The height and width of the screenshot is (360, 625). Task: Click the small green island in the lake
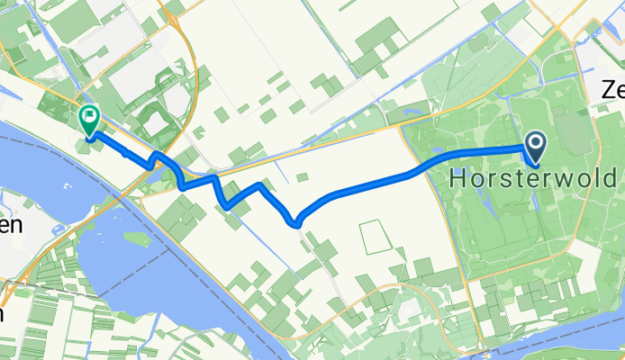pos(137,239)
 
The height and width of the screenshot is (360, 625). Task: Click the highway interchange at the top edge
pos(169,13)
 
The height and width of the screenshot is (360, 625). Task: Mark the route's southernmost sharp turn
pos(294,222)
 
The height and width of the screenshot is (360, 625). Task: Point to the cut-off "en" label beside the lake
pos(10,226)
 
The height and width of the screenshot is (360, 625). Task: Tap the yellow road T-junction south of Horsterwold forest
pos(467,280)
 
